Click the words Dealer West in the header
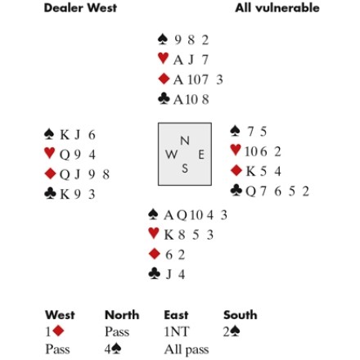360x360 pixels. point(80,8)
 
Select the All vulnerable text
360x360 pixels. point(277,8)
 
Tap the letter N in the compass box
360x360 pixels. point(185,141)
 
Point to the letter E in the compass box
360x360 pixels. point(201,155)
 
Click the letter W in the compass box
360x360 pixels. point(171,155)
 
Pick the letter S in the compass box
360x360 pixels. point(185,169)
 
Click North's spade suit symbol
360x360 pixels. point(163,39)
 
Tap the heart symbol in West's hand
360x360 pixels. point(49,153)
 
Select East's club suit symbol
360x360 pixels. point(236,191)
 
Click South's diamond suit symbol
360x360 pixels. point(155,254)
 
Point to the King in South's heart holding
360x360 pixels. point(169,235)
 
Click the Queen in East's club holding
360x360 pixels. point(251,191)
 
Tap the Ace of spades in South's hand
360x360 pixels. point(169,215)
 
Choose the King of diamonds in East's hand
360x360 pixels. point(251,171)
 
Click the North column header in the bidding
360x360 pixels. point(122,315)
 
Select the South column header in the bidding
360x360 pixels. point(241,315)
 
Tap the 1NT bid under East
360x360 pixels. point(176,332)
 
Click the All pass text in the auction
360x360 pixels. point(187,349)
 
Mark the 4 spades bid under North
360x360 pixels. point(113,349)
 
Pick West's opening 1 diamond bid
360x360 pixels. point(55,331)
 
